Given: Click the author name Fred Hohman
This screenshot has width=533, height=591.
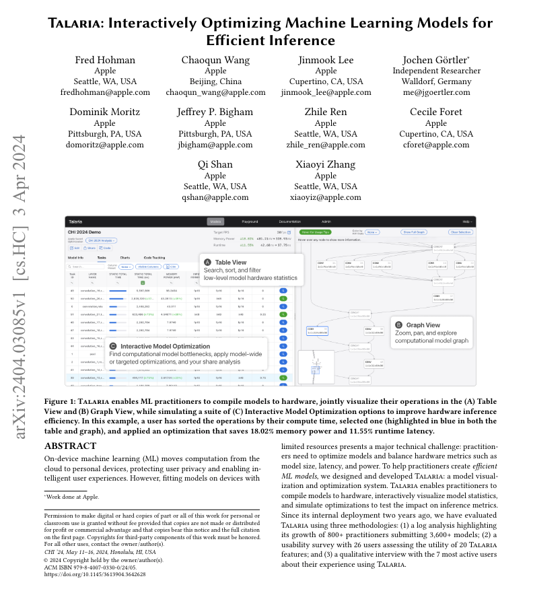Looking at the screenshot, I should point(104,60).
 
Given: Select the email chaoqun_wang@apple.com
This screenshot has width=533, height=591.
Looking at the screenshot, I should point(215,92).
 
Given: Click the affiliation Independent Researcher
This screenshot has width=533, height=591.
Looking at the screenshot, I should point(437,71).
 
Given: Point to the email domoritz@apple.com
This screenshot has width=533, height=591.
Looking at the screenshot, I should point(104,145).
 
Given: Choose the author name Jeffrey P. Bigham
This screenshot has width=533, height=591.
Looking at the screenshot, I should point(215,112).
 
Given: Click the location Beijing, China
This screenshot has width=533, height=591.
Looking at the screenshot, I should point(215,81).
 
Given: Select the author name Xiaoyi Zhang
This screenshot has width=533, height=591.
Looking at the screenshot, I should point(326,165).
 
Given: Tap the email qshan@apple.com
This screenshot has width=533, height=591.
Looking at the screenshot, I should point(215,197).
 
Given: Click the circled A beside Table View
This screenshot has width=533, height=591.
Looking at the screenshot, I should point(207,261).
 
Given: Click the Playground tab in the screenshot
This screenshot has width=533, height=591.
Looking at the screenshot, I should point(250,221).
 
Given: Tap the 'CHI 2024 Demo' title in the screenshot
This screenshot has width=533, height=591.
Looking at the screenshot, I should point(84,232).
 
